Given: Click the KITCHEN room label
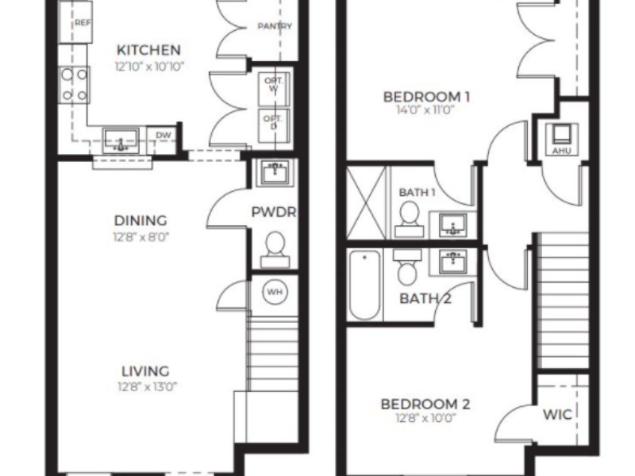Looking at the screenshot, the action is pyautogui.click(x=148, y=50).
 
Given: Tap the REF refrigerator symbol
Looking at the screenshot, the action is pyautogui.click(x=75, y=22).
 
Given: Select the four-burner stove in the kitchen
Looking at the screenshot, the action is pyautogui.click(x=75, y=85).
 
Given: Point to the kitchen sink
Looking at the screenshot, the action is pyautogui.click(x=121, y=141).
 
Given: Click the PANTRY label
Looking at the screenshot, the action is pyautogui.click(x=275, y=26).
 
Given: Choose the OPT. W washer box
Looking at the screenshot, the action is pyautogui.click(x=274, y=90).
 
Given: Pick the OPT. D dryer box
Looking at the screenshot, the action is pyautogui.click(x=274, y=125).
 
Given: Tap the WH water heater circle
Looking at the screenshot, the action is pyautogui.click(x=275, y=292).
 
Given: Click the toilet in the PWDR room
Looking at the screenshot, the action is pyautogui.click(x=275, y=249).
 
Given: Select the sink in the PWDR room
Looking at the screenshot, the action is pyautogui.click(x=275, y=172).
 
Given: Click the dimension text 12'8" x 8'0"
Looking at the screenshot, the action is pyautogui.click(x=141, y=236).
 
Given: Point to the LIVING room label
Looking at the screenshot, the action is pyautogui.click(x=146, y=371).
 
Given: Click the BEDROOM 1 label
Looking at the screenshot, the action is pyautogui.click(x=426, y=97).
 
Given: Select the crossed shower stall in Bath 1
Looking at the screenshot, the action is pyautogui.click(x=366, y=202).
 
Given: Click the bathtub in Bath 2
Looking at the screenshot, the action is pyautogui.click(x=365, y=285).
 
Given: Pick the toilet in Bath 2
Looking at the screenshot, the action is pyautogui.click(x=407, y=267).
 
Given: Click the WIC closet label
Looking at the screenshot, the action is pyautogui.click(x=557, y=414).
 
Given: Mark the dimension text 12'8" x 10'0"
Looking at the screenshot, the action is pyautogui.click(x=425, y=417).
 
